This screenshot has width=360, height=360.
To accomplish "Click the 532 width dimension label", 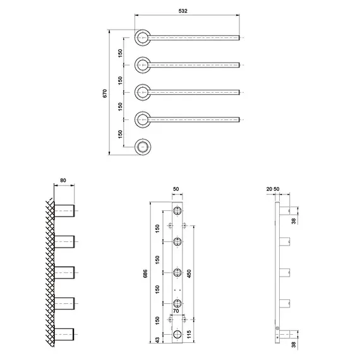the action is (183, 11).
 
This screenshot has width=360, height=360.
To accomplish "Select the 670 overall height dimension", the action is (105, 93).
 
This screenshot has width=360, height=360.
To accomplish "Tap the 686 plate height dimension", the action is (145, 273).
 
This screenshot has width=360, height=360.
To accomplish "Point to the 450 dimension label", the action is (189, 273).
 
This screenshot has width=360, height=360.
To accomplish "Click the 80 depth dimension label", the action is (63, 180).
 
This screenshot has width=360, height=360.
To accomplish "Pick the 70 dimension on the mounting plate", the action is (176, 311).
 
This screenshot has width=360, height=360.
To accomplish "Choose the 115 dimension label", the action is (189, 334).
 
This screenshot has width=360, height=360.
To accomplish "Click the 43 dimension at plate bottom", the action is (157, 340).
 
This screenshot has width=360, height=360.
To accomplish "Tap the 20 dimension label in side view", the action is (269, 189).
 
